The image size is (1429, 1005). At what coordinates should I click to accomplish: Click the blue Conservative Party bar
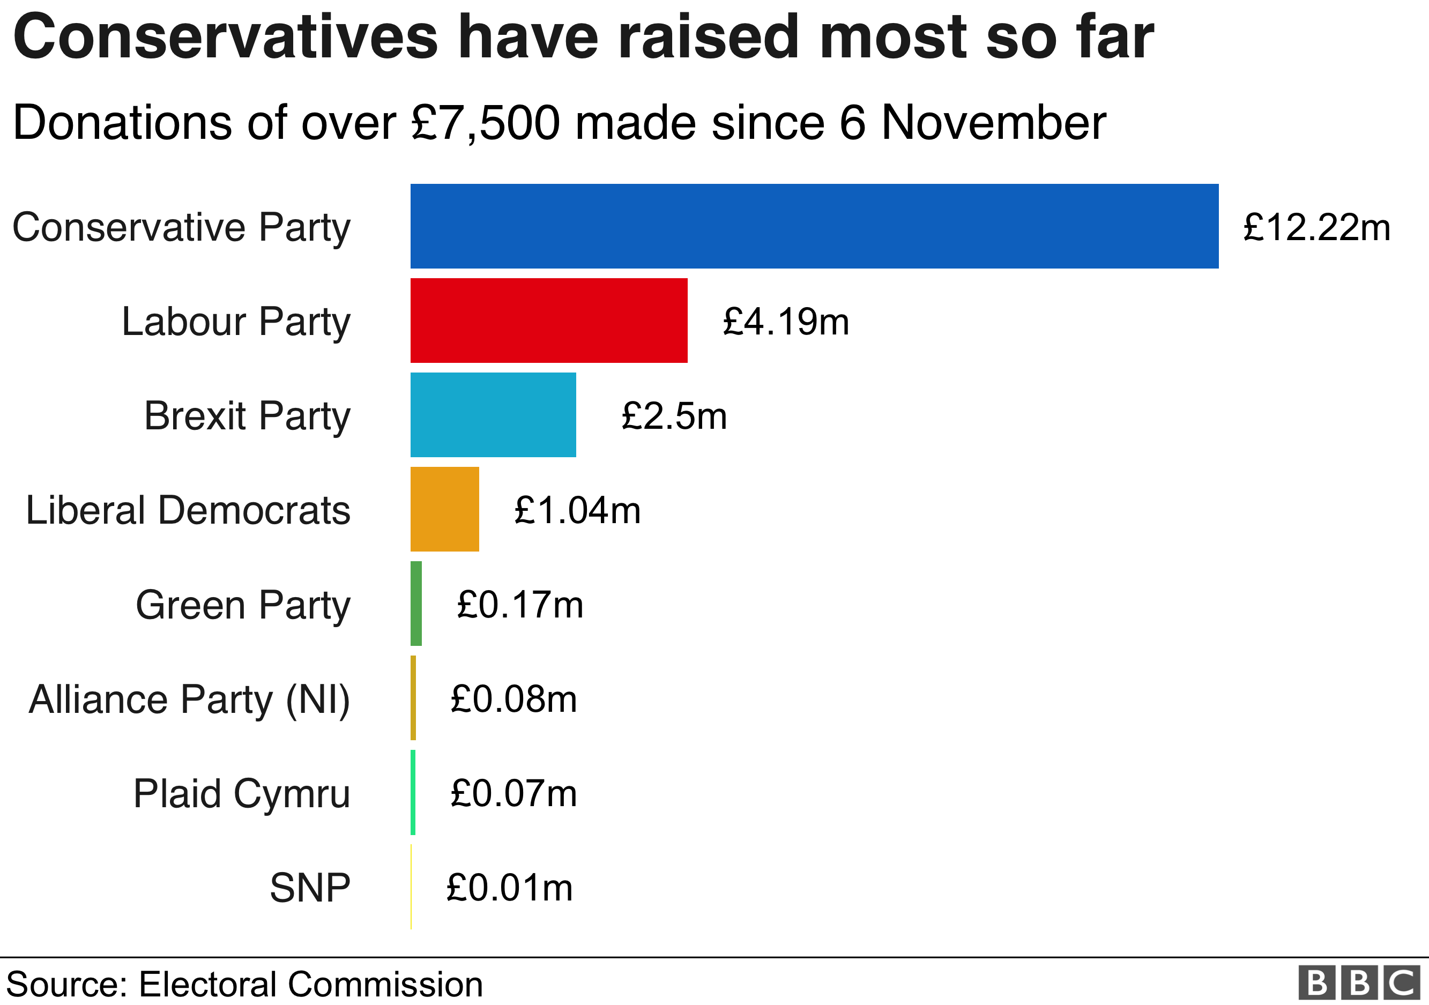click(x=814, y=226)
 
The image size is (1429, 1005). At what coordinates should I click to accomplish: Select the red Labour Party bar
click(x=549, y=321)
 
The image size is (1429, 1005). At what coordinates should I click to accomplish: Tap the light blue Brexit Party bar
click(x=493, y=415)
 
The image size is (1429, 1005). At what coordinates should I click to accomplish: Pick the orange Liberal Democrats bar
click(x=444, y=509)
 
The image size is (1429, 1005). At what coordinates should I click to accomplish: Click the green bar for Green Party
click(x=416, y=604)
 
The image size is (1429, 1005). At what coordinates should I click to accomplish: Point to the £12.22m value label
click(x=1316, y=227)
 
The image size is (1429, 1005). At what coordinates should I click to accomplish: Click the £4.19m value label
click(x=785, y=322)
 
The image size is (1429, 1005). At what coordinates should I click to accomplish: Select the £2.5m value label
click(x=674, y=416)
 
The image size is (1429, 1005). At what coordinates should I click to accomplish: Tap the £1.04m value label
click(x=577, y=510)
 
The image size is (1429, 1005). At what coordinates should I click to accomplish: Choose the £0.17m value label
click(x=520, y=605)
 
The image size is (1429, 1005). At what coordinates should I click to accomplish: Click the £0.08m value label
click(x=513, y=699)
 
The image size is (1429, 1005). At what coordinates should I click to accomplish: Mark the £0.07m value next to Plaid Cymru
click(x=513, y=794)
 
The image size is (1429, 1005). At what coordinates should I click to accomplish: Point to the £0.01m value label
click(x=509, y=888)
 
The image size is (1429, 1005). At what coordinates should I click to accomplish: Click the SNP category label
click(x=310, y=888)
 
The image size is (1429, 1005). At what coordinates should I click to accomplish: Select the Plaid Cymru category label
click(x=242, y=794)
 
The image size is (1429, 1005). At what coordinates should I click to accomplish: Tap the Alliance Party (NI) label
click(x=189, y=699)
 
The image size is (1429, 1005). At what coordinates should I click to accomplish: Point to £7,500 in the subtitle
click(x=486, y=123)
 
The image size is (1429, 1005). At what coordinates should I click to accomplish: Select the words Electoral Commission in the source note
click(x=310, y=985)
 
